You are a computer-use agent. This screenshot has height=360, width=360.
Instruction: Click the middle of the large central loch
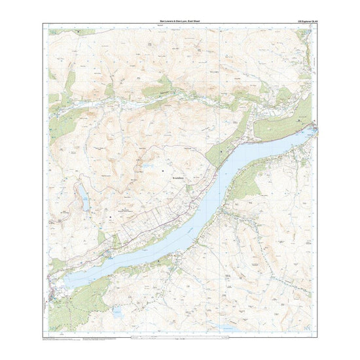click(196, 209)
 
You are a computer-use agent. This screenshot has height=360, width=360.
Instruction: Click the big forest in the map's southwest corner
click(75, 304)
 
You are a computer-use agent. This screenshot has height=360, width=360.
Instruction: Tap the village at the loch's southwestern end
click(52, 284)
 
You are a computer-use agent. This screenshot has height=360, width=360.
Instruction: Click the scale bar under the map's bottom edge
click(180, 338)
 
